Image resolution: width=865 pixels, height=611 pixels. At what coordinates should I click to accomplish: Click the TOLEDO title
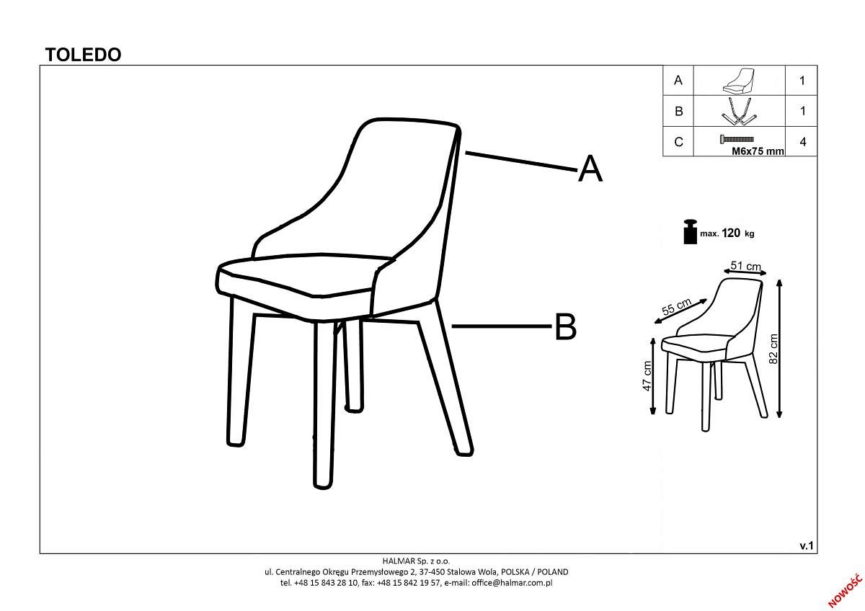tap(83, 55)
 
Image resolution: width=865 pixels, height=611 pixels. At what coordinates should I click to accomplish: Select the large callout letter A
tap(590, 169)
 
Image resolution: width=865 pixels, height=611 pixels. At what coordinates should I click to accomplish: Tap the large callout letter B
tap(565, 326)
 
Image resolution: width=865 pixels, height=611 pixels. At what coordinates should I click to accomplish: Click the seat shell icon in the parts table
tap(739, 81)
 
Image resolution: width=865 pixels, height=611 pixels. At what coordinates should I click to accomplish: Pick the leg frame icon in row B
tap(738, 111)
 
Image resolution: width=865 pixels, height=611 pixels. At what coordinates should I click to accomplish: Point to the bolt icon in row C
tap(737, 139)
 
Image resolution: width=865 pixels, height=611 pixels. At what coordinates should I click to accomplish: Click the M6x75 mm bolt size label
tap(758, 151)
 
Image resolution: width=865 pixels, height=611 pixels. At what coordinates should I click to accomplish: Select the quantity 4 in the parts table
tap(803, 142)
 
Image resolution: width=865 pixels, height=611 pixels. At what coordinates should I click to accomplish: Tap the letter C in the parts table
tap(678, 142)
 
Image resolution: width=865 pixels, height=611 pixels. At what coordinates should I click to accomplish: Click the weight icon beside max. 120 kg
tap(690, 231)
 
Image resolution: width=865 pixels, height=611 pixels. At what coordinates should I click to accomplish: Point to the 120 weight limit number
tap(731, 233)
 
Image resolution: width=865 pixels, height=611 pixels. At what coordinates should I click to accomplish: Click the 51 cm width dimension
tap(745, 266)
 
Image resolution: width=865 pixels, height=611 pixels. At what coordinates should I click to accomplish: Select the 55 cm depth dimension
tap(677, 306)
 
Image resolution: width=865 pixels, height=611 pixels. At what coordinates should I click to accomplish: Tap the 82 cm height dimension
tap(773, 349)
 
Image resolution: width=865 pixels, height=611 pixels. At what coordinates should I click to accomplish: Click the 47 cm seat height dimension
tap(647, 376)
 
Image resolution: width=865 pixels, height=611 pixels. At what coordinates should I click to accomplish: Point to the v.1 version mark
tap(807, 545)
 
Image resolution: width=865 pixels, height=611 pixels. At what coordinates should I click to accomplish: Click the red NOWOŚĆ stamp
tap(846, 590)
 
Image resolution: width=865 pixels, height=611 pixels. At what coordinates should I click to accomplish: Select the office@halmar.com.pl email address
tap(512, 583)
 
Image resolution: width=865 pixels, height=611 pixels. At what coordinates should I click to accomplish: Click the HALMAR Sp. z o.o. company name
tap(417, 561)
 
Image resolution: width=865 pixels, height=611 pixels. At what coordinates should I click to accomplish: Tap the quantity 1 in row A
tap(802, 80)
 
